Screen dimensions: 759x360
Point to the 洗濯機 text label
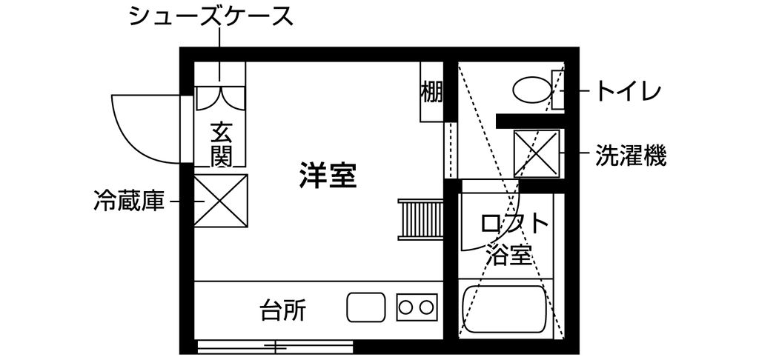pyautogui.click(x=632, y=156)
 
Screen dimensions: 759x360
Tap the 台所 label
pyautogui.click(x=282, y=309)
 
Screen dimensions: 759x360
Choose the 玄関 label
pyautogui.click(x=222, y=144)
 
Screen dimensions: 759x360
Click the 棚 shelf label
pyautogui.click(x=431, y=93)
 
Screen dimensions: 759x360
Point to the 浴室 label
pyautogui.click(x=508, y=256)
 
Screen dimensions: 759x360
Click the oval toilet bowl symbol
pyautogui.click(x=533, y=90)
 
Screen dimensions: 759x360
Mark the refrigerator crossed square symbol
pyautogui.click(x=220, y=201)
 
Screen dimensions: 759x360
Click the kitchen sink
pyautogui.click(x=366, y=307)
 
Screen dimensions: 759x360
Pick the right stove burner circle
pyautogui.click(x=427, y=307)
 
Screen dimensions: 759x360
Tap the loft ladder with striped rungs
pyautogui.click(x=420, y=219)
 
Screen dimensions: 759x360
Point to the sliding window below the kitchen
pyautogui.click(x=276, y=346)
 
